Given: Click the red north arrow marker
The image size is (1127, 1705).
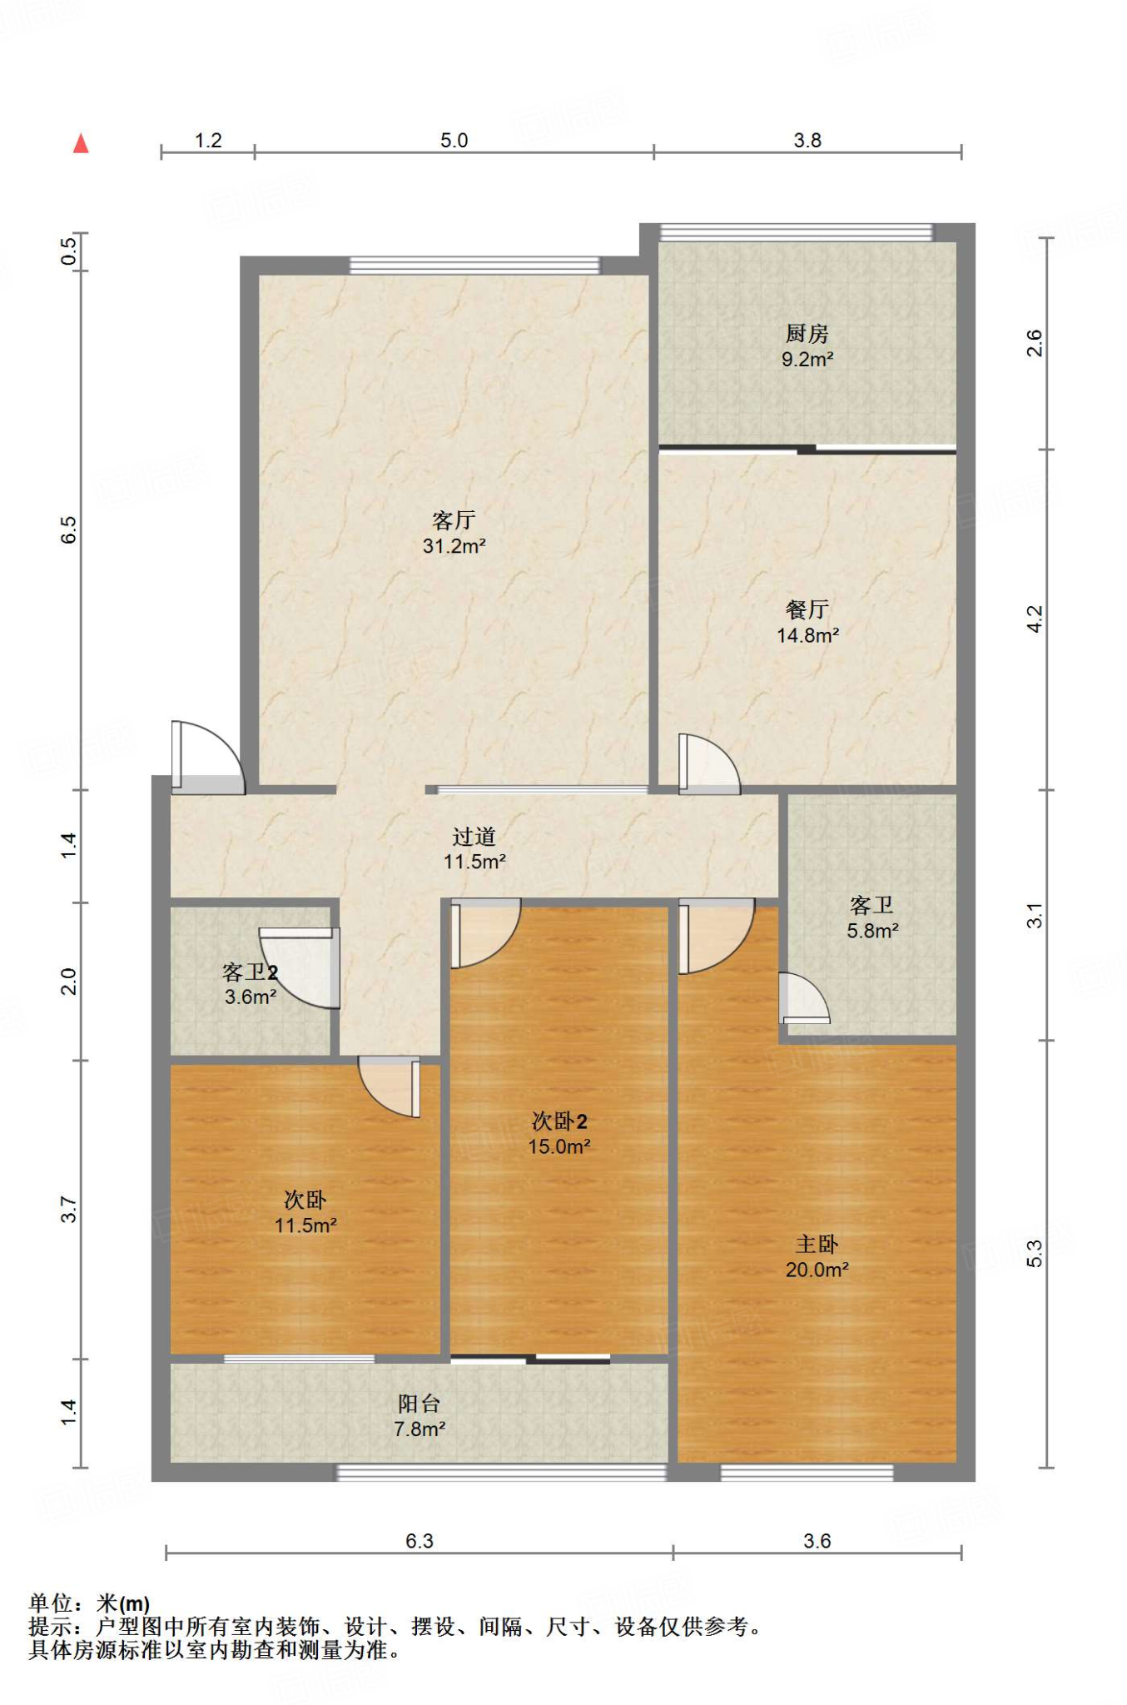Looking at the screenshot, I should coord(81,143).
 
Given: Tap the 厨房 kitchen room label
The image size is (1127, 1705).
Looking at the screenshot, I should coord(807,334).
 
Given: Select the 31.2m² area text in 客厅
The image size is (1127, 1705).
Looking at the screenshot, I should coord(454,546).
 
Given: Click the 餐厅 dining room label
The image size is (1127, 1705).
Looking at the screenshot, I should coord(807,609).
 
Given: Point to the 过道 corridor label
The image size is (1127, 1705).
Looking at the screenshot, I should coord(474,836).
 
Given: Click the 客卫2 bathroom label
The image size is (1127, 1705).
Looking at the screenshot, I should coord(250,972).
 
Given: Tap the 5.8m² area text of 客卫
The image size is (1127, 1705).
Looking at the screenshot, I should coord(872,931).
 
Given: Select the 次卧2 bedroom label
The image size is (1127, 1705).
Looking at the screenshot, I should coord(559,1121).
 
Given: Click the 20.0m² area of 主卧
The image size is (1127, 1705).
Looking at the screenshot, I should coord(817,1269).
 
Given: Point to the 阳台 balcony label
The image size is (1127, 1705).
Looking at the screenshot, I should coord(419,1404).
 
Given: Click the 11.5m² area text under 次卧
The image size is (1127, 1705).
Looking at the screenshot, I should coord(305,1225).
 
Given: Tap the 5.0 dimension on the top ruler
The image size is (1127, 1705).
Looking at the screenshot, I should coord(454,140).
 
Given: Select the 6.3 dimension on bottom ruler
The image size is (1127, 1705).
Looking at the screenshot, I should coord(419,1540).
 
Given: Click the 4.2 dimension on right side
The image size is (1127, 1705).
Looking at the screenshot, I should coord(1034,619).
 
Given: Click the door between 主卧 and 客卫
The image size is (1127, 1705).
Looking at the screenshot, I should coord(803,999).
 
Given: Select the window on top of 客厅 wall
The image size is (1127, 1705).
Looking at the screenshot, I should coord(474,265).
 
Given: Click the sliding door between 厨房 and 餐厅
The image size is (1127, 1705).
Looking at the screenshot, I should coord(807,450).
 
